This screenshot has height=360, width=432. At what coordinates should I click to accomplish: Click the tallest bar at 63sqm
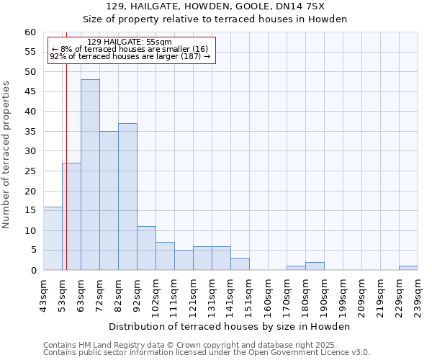click(x=90, y=175)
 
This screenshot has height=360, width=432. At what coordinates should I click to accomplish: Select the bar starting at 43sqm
click(x=53, y=238)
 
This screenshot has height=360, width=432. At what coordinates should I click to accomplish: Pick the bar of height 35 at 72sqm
click(x=109, y=201)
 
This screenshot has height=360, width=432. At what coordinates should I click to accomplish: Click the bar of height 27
click(x=71, y=217)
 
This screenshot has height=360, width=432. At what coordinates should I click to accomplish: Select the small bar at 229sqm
click(x=408, y=268)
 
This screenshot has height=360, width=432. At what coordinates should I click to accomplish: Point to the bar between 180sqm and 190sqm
click(x=315, y=266)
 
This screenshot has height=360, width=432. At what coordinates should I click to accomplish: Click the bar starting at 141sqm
click(x=240, y=264)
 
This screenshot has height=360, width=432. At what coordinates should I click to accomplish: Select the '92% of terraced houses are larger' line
click(x=130, y=56)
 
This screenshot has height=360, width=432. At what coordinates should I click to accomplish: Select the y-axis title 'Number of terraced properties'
click(x=7, y=154)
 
